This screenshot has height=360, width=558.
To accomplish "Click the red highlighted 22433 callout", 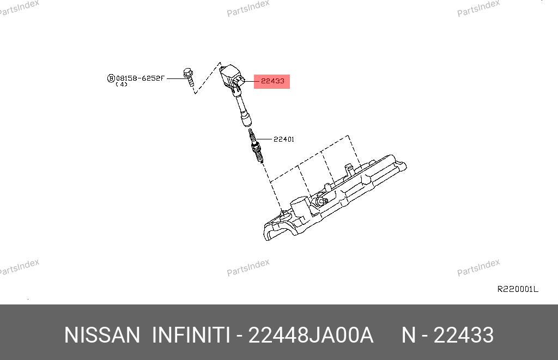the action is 272,82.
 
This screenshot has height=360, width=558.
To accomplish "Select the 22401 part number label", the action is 284,139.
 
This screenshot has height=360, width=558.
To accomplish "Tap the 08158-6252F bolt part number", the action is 140,78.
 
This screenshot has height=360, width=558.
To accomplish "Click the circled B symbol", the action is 111,78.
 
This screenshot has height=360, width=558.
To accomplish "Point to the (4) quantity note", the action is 122,84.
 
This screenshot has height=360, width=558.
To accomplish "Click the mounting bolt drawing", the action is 189,77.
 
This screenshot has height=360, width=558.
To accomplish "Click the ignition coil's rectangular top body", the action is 231,76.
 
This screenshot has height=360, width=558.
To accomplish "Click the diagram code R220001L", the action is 518,289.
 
